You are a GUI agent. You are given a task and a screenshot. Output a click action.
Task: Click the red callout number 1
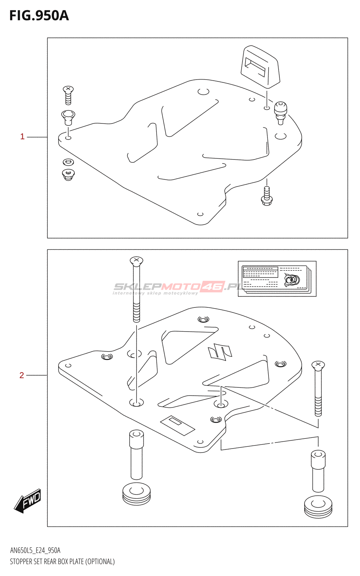coord(22,136)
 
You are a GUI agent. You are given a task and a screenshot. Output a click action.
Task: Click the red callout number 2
coord(22,375)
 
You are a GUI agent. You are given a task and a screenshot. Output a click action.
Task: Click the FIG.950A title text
coord(39,16)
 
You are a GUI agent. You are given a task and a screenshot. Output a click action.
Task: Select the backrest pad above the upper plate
coord(260,67)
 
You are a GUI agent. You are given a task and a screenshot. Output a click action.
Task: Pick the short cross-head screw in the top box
coord(68,95)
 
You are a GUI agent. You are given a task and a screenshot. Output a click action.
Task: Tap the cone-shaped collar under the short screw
coord(68,117)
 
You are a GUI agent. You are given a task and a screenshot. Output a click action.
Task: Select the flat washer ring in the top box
coord(68,162)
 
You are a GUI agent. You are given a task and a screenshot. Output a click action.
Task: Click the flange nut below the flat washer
coord(68,175)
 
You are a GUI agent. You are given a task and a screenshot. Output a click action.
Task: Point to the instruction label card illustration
coord(277,279)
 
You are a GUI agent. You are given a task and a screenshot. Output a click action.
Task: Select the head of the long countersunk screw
coord(136,261)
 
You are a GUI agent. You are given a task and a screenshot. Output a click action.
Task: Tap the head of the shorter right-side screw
coord(318,365)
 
